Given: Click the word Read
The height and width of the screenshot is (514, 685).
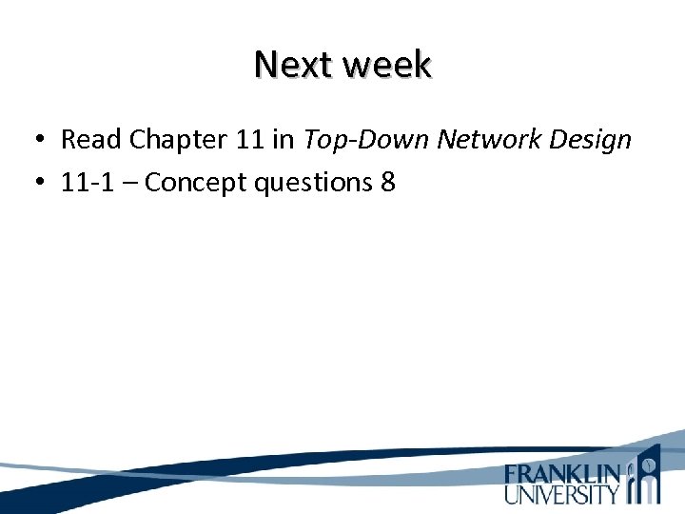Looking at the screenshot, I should tap(91, 140).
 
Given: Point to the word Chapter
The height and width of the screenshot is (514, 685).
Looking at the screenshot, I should tap(174, 140).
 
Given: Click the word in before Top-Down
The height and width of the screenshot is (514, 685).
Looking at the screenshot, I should tap(284, 140).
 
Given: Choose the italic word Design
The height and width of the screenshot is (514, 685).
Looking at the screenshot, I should tap(596, 140).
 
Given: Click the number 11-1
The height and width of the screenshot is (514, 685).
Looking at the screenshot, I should tap(87, 182).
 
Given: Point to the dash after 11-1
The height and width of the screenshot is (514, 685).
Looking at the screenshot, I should tap(129, 183).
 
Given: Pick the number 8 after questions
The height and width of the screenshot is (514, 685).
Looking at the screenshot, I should tap(387, 182).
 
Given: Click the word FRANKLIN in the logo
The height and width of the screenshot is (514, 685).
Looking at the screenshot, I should tap(563, 474).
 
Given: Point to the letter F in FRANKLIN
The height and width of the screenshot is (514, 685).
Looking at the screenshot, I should tap(512, 474).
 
